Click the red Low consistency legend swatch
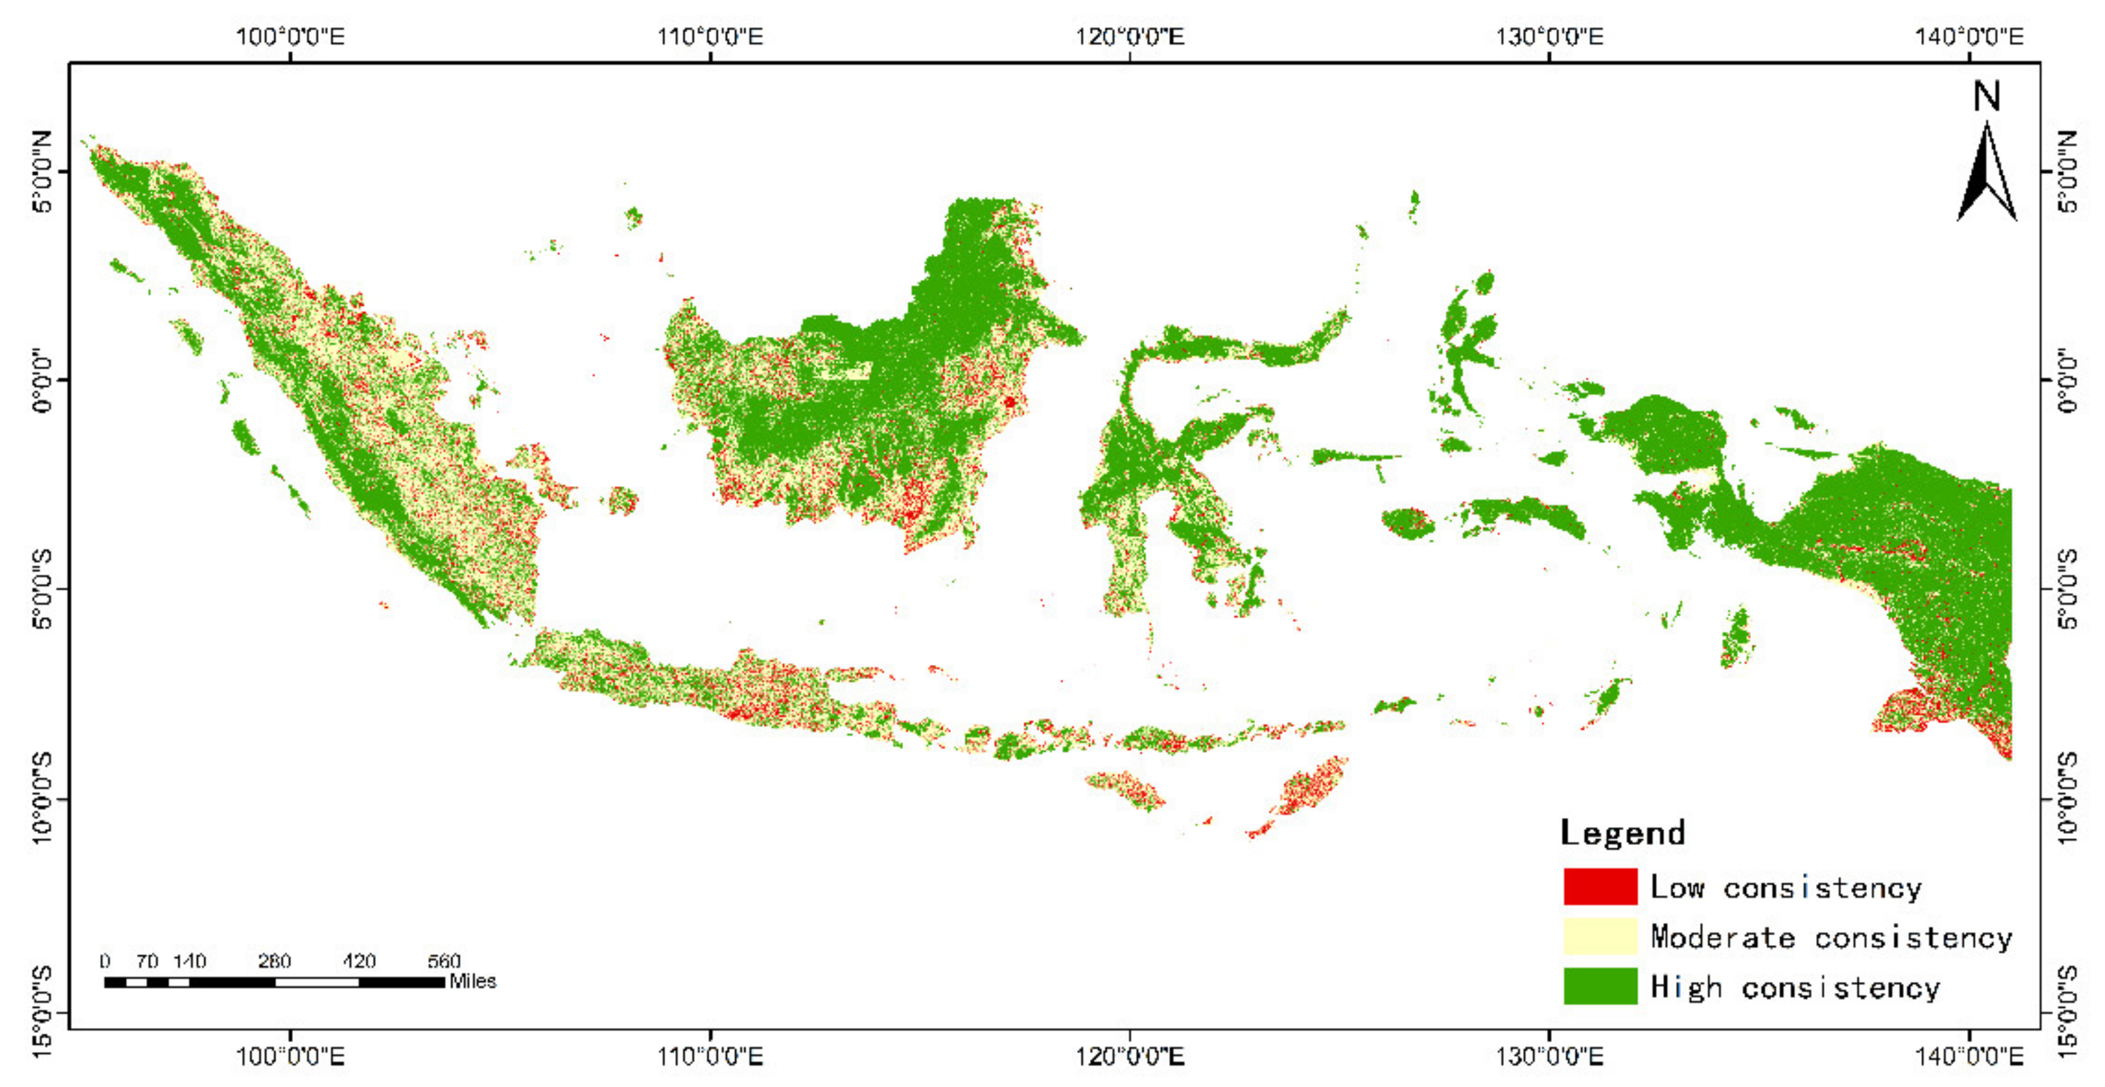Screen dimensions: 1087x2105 [1600, 886]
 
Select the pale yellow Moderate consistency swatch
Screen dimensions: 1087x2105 [1600, 936]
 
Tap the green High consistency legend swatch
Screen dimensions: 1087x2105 [1600, 986]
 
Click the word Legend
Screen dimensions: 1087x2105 [1622, 833]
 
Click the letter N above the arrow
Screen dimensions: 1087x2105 [1987, 97]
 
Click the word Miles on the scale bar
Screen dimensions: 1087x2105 [472, 981]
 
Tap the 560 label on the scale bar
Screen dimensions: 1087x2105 [444, 961]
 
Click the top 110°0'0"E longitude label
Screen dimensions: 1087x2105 [710, 37]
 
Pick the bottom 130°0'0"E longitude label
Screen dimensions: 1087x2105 [1549, 1057]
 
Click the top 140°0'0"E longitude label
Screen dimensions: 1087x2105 [1969, 37]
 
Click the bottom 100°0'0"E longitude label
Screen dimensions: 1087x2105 [290, 1057]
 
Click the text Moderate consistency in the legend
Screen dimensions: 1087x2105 [1830, 936]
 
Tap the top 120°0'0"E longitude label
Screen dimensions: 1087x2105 [1129, 37]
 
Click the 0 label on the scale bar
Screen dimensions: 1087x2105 [105, 961]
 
